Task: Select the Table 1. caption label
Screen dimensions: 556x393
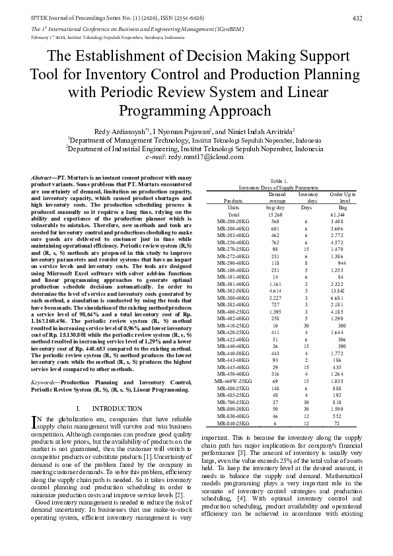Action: click(x=279, y=181)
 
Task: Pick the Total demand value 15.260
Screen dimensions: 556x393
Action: click(x=277, y=215)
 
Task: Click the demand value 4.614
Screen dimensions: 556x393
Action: click(x=277, y=289)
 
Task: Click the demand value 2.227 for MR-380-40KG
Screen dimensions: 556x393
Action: click(x=277, y=297)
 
